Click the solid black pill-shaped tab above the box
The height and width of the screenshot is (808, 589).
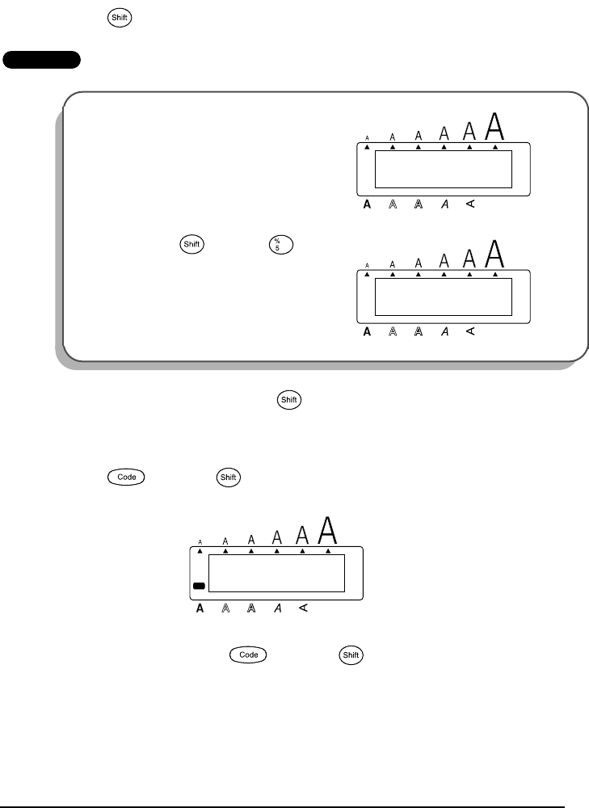(x=41, y=60)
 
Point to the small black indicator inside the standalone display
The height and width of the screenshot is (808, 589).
(x=199, y=585)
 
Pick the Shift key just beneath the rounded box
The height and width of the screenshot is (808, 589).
(x=286, y=399)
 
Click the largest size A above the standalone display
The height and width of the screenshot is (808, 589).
(x=327, y=530)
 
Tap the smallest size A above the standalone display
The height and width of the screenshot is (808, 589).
(x=200, y=542)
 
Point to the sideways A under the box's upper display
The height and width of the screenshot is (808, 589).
(x=469, y=205)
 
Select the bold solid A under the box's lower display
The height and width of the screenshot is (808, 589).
(x=367, y=332)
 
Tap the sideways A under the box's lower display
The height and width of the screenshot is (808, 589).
(x=469, y=332)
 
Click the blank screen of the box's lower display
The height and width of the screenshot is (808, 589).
(x=443, y=297)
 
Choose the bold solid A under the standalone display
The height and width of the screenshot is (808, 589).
(x=200, y=608)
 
